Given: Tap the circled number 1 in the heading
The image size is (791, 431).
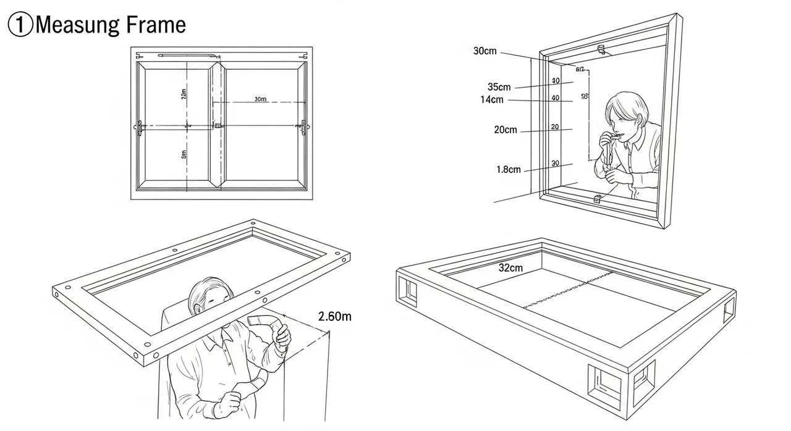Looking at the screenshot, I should pyautogui.click(x=20, y=25).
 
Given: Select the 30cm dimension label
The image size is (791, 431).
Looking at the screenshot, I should pyautogui.click(x=485, y=51).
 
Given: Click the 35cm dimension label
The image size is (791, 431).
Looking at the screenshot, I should pyautogui.click(x=499, y=87).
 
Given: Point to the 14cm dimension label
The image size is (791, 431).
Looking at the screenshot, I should pyautogui.click(x=491, y=99).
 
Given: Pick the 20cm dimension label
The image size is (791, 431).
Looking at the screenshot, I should pyautogui.click(x=505, y=130).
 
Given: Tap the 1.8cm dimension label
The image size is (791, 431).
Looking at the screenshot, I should pyautogui.click(x=509, y=169).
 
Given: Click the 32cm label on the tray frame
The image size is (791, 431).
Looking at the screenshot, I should pyautogui.click(x=510, y=268).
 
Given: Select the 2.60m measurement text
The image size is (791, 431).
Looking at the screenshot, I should pyautogui.click(x=335, y=317).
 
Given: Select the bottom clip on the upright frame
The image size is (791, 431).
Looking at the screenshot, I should pyautogui.click(x=598, y=199).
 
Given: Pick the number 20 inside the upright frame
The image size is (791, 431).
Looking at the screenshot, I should pyautogui.click(x=554, y=127).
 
